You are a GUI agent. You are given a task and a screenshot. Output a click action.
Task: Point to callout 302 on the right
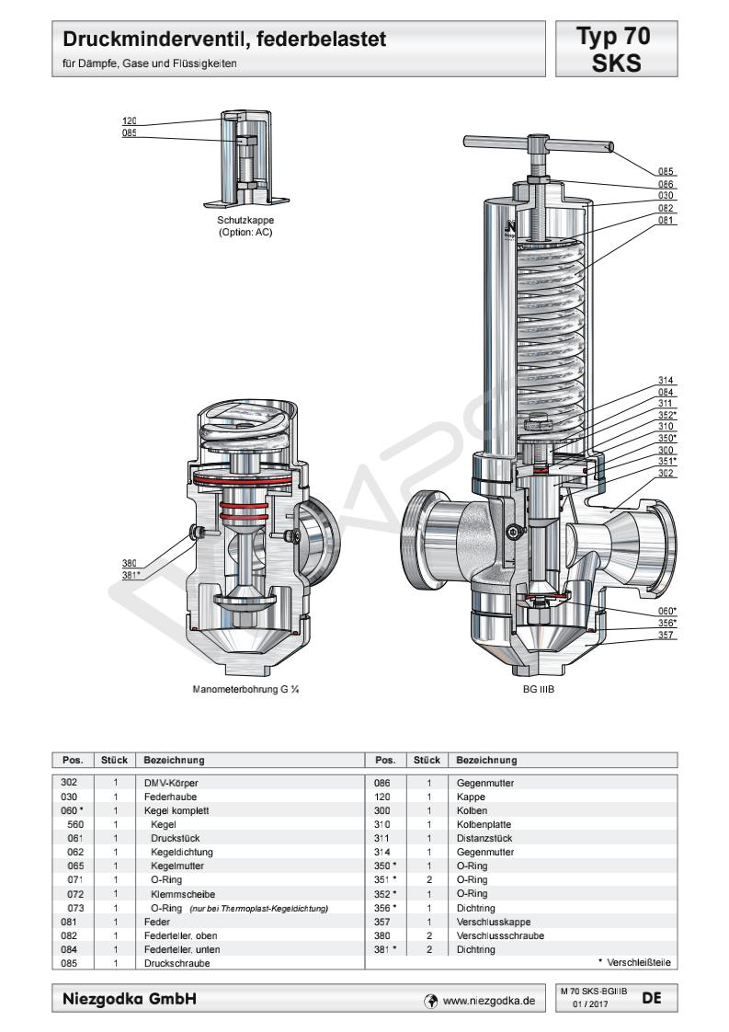pyautogui.click(x=666, y=472)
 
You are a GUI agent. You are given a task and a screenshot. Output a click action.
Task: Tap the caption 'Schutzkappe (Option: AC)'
pyautogui.click(x=245, y=226)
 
